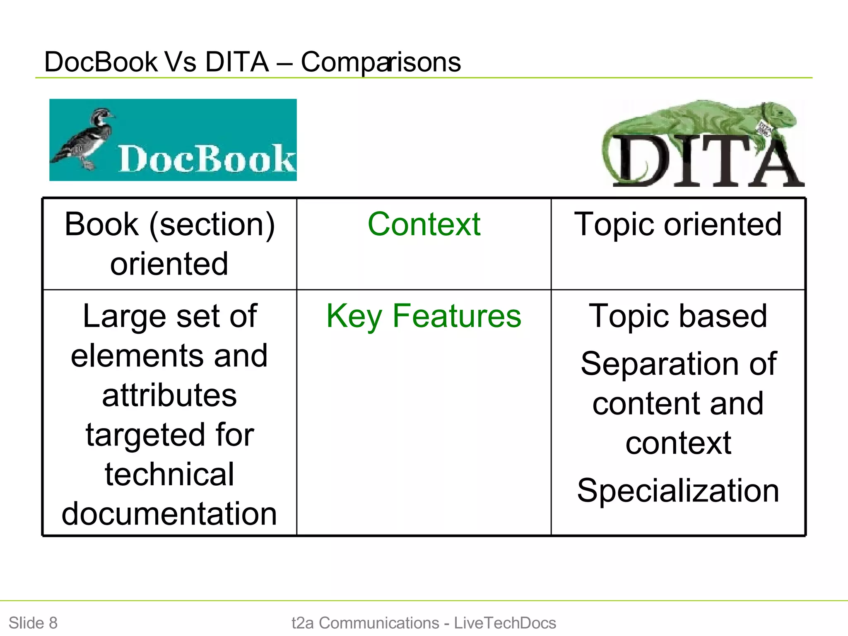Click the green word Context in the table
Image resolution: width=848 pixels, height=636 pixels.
tap(424, 224)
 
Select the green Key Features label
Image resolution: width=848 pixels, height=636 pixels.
tap(424, 316)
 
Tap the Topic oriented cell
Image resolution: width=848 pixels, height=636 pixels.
tap(678, 224)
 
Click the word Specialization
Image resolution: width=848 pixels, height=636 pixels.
tap(678, 491)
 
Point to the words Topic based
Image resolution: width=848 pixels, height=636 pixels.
tap(678, 316)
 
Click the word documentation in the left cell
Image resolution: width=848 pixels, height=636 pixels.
tap(169, 514)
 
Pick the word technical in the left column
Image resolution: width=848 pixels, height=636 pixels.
tap(169, 475)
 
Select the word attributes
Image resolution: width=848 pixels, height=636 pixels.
tap(169, 395)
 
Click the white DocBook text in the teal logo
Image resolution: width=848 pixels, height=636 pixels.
tap(206, 159)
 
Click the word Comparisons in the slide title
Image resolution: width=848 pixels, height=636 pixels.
tap(381, 63)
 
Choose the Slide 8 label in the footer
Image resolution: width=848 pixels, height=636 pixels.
tap(33, 623)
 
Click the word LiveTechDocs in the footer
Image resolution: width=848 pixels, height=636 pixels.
tap(505, 623)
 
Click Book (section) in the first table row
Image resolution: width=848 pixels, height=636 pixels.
tap(169, 224)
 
